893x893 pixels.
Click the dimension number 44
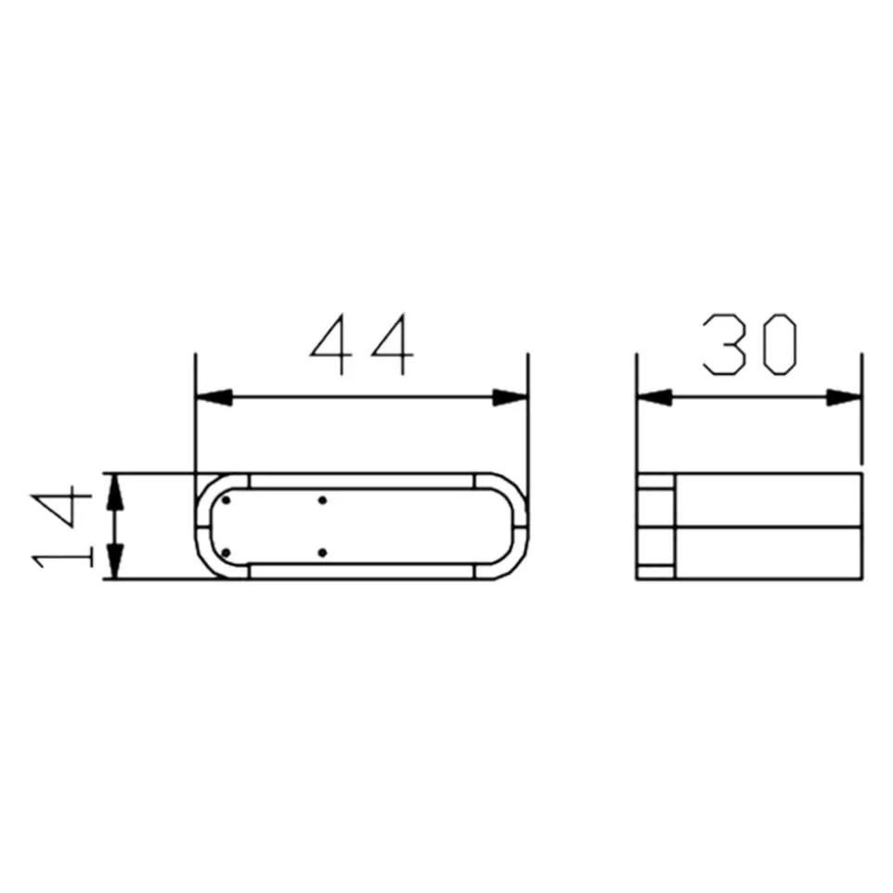pos(361,344)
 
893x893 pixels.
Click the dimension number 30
pos(750,344)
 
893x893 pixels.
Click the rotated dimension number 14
pos(62,527)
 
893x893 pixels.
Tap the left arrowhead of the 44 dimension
pos(214,397)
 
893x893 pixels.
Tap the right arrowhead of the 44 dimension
pos(510,397)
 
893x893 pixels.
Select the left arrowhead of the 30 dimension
pos(655,397)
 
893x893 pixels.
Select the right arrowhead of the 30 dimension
pos(844,397)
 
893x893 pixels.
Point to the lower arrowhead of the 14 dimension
pos(116,562)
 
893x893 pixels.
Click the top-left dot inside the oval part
pos(226,500)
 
